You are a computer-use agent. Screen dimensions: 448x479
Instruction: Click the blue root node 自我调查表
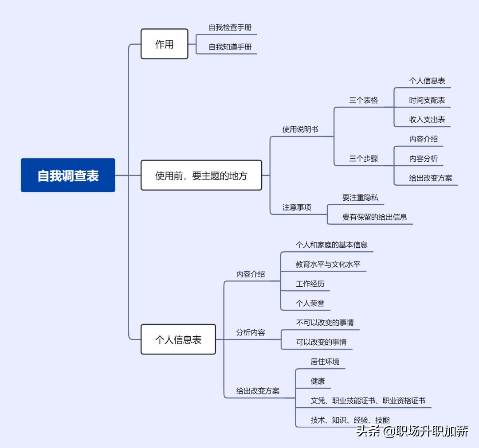pyautogui.click(x=68, y=175)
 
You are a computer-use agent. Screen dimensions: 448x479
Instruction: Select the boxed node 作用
pyautogui.click(x=164, y=44)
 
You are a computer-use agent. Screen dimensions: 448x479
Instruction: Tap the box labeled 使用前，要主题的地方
pyautogui.click(x=201, y=175)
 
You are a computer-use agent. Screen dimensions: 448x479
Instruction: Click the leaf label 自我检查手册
pyautogui.click(x=230, y=27)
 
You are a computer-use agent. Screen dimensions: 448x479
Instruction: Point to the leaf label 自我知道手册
pyautogui.click(x=230, y=47)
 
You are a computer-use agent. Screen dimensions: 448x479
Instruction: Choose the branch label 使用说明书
pyautogui.click(x=300, y=129)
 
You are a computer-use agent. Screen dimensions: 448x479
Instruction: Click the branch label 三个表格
pyautogui.click(x=363, y=101)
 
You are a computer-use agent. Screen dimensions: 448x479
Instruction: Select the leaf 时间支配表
pyautogui.click(x=427, y=101)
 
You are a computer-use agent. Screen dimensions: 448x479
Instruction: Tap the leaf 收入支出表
pyautogui.click(x=427, y=120)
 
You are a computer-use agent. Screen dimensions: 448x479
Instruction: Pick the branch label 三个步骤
pyautogui.click(x=363, y=159)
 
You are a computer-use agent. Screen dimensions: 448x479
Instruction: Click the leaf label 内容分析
pyautogui.click(x=423, y=159)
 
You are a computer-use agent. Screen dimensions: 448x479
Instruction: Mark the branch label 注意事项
pyautogui.click(x=297, y=207)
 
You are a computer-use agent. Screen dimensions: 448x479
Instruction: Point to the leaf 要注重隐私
pyautogui.click(x=360, y=198)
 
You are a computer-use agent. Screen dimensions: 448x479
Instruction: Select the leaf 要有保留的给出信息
pyautogui.click(x=374, y=217)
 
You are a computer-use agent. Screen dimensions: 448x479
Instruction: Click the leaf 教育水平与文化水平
pyautogui.click(x=328, y=265)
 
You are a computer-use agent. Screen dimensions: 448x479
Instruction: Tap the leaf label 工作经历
pyautogui.click(x=310, y=284)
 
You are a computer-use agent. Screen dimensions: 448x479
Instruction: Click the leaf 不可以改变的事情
pyautogui.click(x=325, y=323)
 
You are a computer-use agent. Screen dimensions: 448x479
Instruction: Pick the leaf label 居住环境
pyautogui.click(x=325, y=362)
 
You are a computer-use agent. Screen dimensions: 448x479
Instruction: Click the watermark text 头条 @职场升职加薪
pyautogui.click(x=412, y=431)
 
